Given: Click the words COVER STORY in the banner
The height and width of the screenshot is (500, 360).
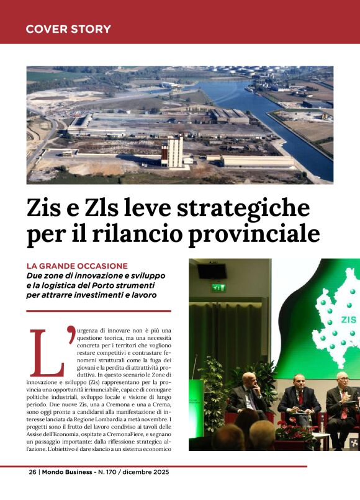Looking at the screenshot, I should pos(68,29).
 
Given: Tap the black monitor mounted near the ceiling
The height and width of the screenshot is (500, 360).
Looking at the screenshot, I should pos(212,271).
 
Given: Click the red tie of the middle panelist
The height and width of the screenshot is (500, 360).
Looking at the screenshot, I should pos(300,398).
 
